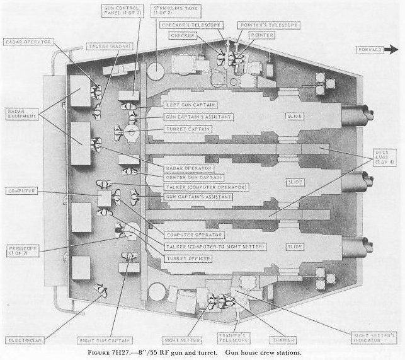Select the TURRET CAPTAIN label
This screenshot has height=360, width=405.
(186, 129)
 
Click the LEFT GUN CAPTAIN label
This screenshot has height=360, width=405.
(187, 104)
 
